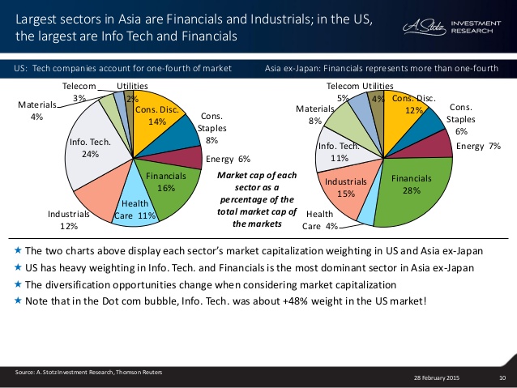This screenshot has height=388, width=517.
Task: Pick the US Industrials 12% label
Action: pyautogui.click(x=67, y=220)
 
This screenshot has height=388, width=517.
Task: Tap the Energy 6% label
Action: pyautogui.click(x=228, y=159)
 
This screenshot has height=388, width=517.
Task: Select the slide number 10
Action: pyautogui.click(x=502, y=378)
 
